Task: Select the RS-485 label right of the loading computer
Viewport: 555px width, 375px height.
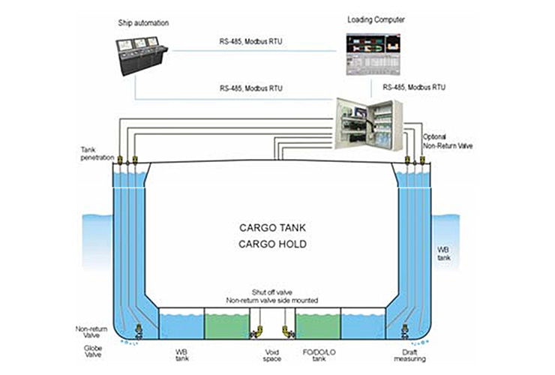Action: click(x=414, y=87)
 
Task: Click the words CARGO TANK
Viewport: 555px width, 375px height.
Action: click(x=272, y=226)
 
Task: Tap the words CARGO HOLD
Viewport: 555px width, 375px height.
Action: click(x=272, y=244)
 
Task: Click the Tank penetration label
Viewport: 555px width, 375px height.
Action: click(x=96, y=154)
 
